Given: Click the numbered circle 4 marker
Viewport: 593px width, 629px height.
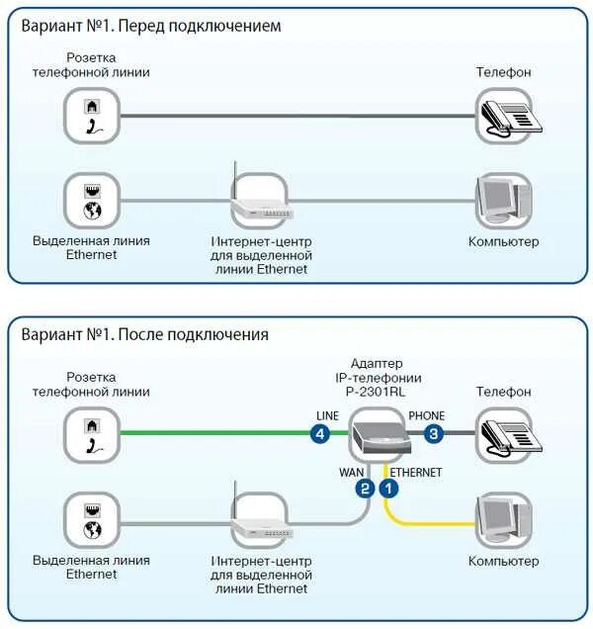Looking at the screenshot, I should point(320,433).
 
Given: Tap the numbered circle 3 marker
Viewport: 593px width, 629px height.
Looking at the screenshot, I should point(433,433).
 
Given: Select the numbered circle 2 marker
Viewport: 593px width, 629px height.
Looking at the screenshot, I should point(365,488).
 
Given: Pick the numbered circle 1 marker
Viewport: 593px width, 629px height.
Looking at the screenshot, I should point(389,488).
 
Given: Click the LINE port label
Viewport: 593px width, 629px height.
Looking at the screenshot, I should point(327,415).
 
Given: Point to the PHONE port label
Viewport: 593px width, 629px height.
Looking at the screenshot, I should point(426,415).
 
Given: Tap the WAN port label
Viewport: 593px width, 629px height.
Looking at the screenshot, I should point(352,473).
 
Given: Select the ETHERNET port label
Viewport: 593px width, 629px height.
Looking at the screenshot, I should point(416,473).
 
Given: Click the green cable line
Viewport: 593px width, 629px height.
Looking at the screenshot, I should point(217,433).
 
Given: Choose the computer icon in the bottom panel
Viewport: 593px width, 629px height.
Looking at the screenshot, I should point(504,520).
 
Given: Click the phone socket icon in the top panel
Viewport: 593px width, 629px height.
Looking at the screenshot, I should point(92,116).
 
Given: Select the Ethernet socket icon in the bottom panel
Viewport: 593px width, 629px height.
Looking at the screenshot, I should point(92,520).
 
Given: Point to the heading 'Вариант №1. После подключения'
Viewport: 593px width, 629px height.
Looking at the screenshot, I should point(144,334).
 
